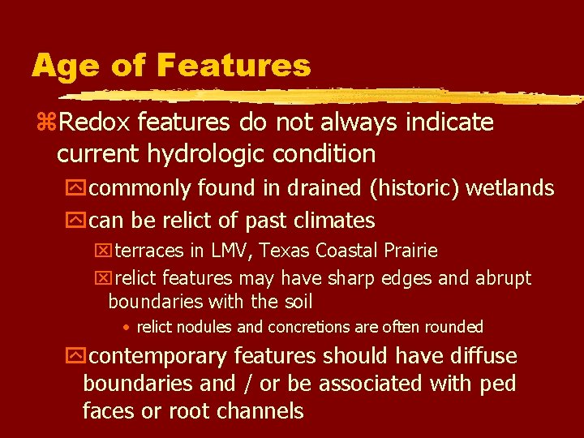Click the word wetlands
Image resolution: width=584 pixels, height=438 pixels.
click(513, 189)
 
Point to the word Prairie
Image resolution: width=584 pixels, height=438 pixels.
click(410, 251)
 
